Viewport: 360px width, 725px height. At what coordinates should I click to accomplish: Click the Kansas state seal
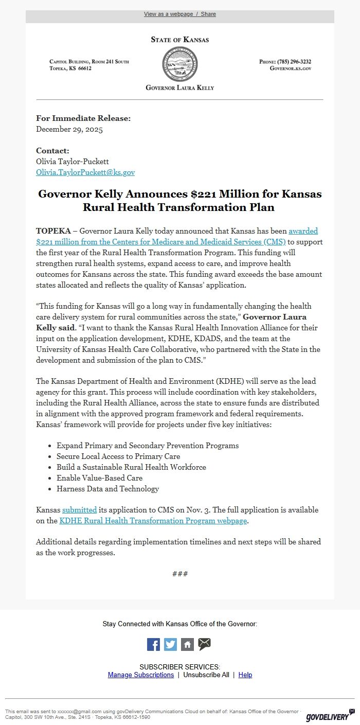[179, 64]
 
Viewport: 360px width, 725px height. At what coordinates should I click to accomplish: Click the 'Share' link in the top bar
[208, 14]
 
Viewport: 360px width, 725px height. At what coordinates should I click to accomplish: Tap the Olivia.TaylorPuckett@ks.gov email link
[85, 172]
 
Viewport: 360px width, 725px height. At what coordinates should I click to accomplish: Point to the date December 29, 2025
[69, 129]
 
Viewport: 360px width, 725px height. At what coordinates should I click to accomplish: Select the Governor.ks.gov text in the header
[291, 68]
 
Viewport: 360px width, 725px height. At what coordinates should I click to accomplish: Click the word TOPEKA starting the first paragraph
[53, 231]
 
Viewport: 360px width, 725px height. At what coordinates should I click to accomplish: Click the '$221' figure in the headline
[203, 194]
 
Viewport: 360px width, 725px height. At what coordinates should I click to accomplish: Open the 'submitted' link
[79, 510]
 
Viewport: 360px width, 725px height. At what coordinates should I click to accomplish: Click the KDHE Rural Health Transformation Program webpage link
[153, 521]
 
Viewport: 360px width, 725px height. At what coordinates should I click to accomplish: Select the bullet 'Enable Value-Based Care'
[99, 478]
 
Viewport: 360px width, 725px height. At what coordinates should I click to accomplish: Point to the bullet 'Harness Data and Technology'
[107, 489]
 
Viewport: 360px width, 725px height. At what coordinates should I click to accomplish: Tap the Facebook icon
[153, 644]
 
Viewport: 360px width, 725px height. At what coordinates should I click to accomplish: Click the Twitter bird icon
[170, 644]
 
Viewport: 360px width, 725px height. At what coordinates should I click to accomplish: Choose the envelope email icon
[204, 644]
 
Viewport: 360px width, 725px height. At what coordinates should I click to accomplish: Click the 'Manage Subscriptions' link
[141, 675]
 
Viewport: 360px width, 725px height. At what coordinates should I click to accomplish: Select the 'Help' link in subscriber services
[245, 675]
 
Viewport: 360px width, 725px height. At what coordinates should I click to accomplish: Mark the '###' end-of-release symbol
[180, 574]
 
